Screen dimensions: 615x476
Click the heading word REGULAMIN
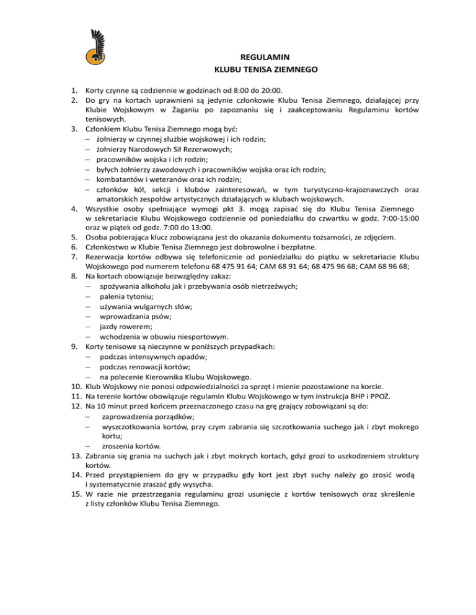(265, 58)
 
